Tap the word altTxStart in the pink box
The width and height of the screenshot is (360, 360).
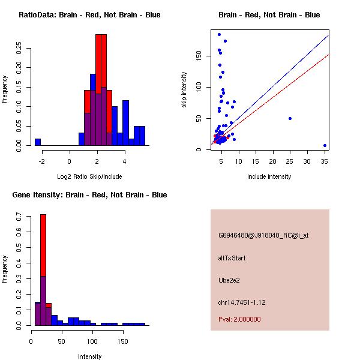point(232,258)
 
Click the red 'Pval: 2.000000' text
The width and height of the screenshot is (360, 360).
point(239,319)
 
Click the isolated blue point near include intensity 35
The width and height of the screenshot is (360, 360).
point(325,145)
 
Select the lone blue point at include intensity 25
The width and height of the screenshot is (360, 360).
point(290,118)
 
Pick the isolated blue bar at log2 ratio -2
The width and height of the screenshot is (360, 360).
point(38,142)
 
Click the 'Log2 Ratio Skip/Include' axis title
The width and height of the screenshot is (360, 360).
point(89,176)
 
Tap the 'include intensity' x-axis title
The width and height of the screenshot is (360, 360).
point(269,176)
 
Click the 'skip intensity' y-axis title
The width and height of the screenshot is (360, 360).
point(185,90)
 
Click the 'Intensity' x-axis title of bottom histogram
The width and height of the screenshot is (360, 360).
point(89,356)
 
